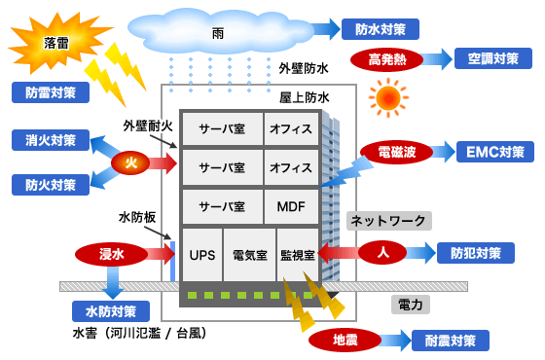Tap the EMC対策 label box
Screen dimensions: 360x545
click(494, 152)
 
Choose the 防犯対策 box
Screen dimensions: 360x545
click(476, 253)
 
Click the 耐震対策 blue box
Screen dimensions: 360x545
click(451, 341)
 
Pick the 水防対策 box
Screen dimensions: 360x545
click(111, 311)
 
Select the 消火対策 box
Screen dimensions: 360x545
click(50, 140)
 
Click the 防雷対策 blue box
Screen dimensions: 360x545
click(50, 92)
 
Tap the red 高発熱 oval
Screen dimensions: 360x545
click(387, 59)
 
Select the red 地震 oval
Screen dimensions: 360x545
click(345, 341)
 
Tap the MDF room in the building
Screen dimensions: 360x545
click(291, 207)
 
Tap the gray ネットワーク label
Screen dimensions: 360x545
click(389, 221)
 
